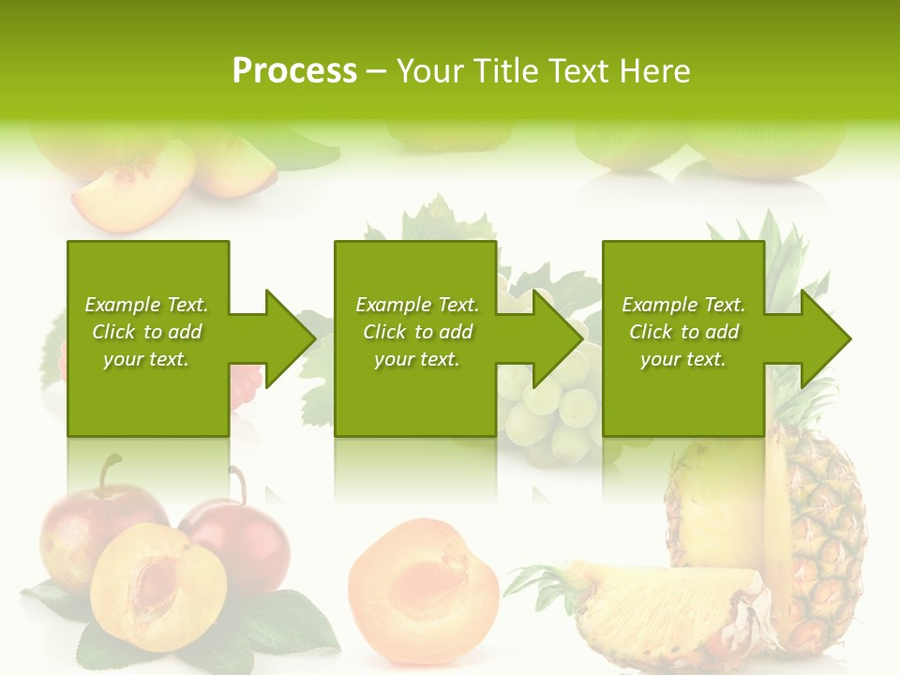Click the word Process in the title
click(294, 71)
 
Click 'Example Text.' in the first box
click(146, 305)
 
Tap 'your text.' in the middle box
click(416, 359)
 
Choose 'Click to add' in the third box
click(683, 332)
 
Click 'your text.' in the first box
click(146, 359)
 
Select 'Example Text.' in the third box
click(683, 305)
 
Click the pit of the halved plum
click(155, 581)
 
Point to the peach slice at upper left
click(131, 192)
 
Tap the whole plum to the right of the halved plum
click(248, 539)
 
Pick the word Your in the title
click(432, 71)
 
